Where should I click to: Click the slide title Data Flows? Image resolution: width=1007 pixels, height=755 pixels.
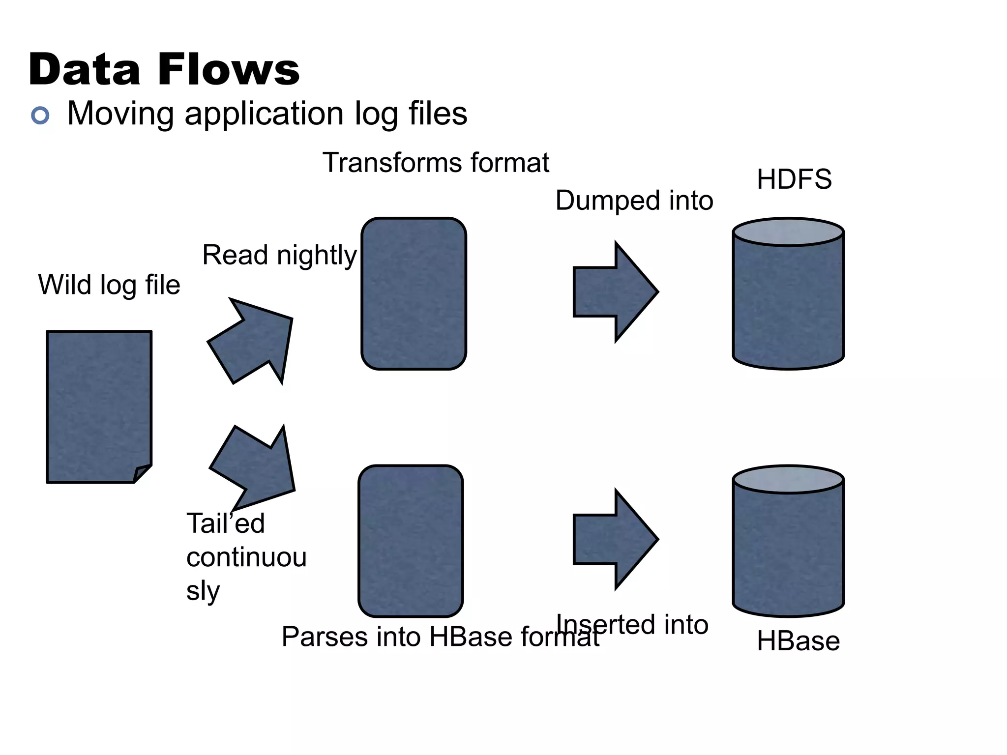164,69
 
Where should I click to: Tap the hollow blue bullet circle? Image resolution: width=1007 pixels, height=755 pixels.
40,116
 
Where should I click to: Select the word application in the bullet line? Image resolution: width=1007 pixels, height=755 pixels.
264,114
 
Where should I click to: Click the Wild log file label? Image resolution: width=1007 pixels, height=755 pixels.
109,285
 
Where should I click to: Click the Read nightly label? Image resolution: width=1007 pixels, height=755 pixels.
279,255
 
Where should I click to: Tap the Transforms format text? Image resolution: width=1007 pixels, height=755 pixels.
436,163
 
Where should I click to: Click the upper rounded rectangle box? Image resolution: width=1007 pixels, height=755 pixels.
414,293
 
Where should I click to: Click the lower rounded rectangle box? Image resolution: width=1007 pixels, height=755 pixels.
411,541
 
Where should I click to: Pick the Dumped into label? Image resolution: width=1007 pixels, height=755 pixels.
634,201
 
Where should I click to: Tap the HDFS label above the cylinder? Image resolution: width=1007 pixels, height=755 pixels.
794,179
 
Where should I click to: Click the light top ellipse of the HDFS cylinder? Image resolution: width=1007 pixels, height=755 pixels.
788,232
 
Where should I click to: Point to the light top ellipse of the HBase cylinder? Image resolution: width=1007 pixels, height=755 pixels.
788,479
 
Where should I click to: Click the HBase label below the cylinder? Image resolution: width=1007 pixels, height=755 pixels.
798,641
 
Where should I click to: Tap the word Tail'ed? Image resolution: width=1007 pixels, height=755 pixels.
225,523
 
